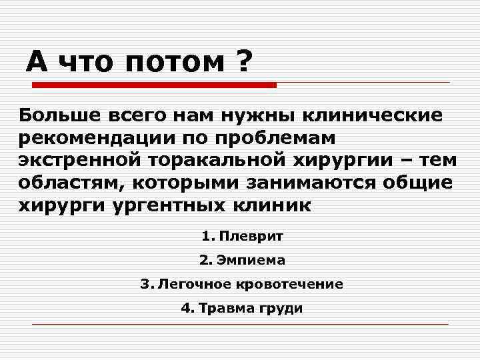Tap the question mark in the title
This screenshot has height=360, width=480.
243,62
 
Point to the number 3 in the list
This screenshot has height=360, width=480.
144,284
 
